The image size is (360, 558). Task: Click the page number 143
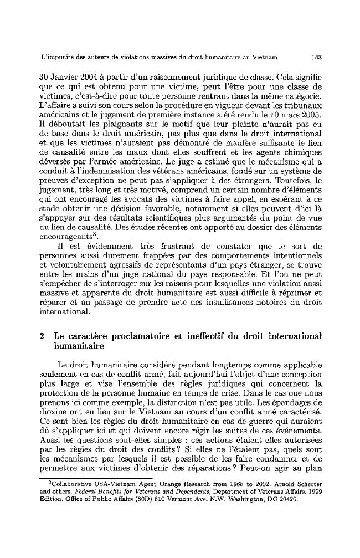pos(317,57)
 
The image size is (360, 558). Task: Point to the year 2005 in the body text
pos(313,115)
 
